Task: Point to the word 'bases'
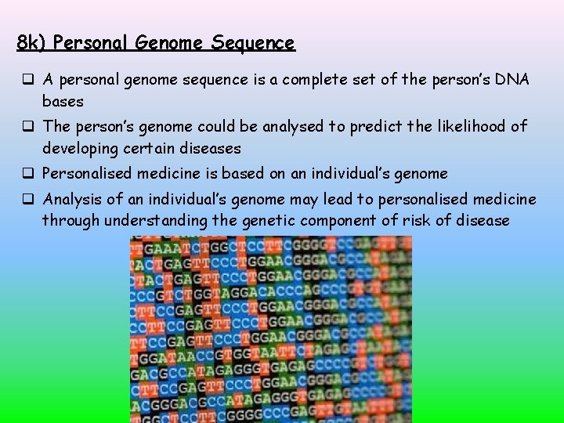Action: point(63,101)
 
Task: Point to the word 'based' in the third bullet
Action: point(233,173)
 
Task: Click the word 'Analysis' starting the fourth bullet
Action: point(73,199)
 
